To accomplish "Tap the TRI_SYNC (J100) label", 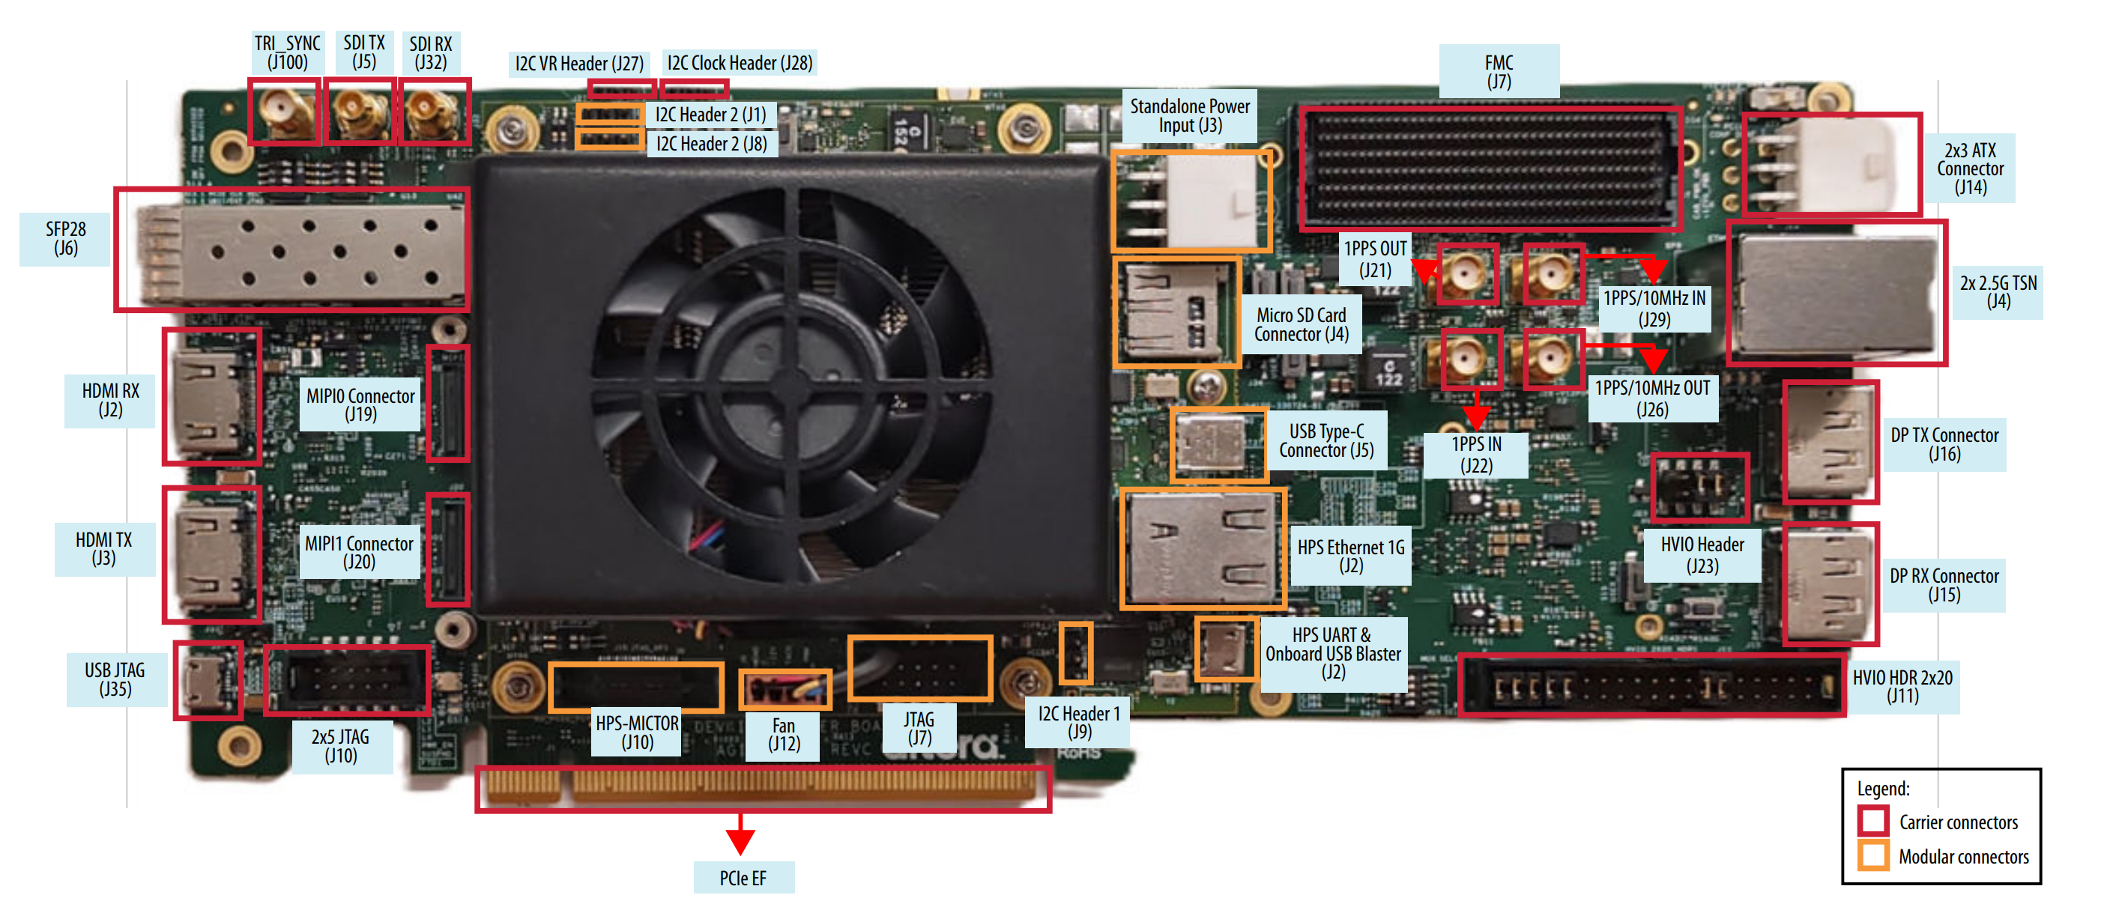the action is point(288,52).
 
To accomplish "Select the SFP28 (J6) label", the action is point(65,238).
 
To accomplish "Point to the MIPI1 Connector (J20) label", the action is point(360,552).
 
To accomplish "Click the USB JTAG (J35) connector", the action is point(208,681).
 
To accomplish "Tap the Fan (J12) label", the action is point(783,735).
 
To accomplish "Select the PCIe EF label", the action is point(743,878).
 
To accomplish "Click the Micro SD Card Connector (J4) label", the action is point(1302,324).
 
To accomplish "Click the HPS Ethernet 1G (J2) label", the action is point(1351,556).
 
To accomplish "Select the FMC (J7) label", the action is point(1499,71).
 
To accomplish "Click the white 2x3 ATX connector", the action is point(1831,165).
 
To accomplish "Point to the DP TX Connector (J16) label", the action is point(1944,444).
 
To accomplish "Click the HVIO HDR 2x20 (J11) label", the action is point(1902,686).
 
